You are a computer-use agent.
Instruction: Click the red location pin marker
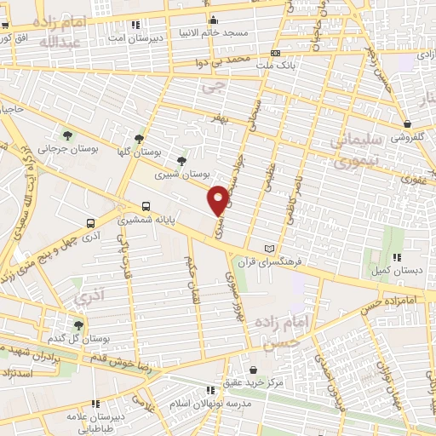[219, 200]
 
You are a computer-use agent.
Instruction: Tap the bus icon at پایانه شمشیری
[146, 206]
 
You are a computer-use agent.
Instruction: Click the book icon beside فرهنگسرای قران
[271, 247]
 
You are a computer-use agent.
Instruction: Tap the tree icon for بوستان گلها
[140, 137]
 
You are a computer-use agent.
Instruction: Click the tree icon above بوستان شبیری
[181, 159]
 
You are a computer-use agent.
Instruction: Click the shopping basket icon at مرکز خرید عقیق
[253, 370]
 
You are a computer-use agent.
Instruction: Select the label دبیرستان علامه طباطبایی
[95, 417]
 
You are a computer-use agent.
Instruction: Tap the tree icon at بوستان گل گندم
[78, 325]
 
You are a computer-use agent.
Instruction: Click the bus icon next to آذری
[91, 222]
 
